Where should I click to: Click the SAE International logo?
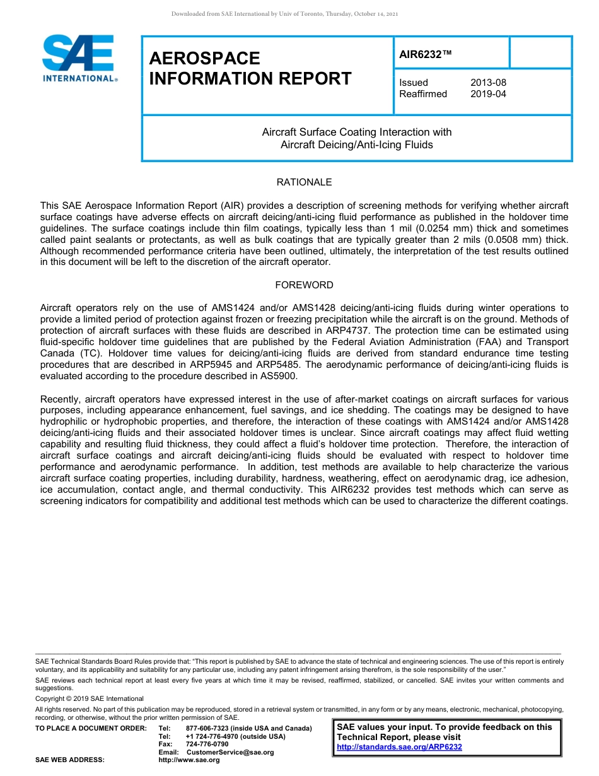click(x=79, y=59)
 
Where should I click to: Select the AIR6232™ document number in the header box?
click(x=426, y=54)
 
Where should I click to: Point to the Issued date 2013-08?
click(x=488, y=83)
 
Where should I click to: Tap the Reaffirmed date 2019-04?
click(x=488, y=94)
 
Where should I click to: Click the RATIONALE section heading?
click(x=304, y=182)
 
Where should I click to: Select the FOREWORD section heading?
click(x=304, y=285)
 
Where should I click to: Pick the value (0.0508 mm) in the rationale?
click(x=501, y=240)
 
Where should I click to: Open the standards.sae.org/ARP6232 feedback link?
click(x=399, y=747)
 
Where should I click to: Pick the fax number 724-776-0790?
click(x=207, y=744)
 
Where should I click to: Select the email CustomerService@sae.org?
click(x=230, y=752)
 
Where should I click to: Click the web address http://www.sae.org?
click(x=189, y=760)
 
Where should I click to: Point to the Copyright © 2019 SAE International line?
click(x=90, y=698)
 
